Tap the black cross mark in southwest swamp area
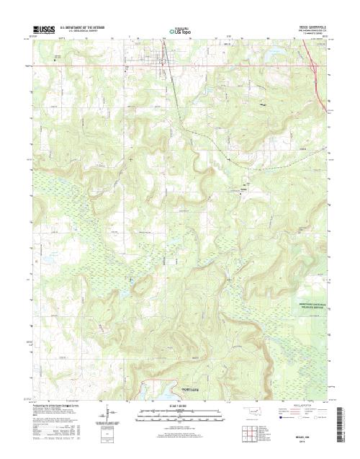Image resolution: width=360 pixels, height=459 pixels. coord(130,279)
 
